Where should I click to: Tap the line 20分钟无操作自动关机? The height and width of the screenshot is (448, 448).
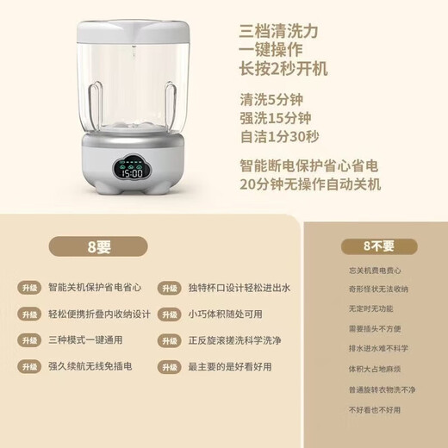309,184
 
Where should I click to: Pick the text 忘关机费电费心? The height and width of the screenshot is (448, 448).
375,271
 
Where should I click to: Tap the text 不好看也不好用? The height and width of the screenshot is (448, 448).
375,410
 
